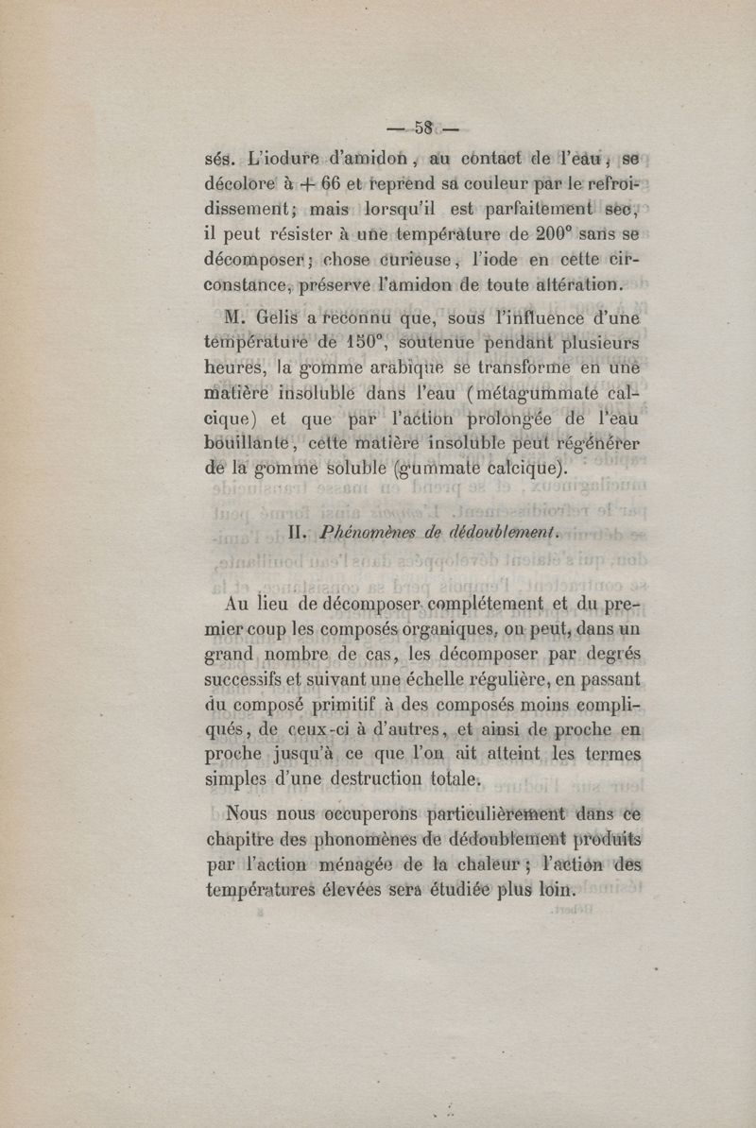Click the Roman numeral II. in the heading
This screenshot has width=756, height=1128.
(x=296, y=532)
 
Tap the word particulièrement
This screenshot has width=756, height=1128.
(x=498, y=814)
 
